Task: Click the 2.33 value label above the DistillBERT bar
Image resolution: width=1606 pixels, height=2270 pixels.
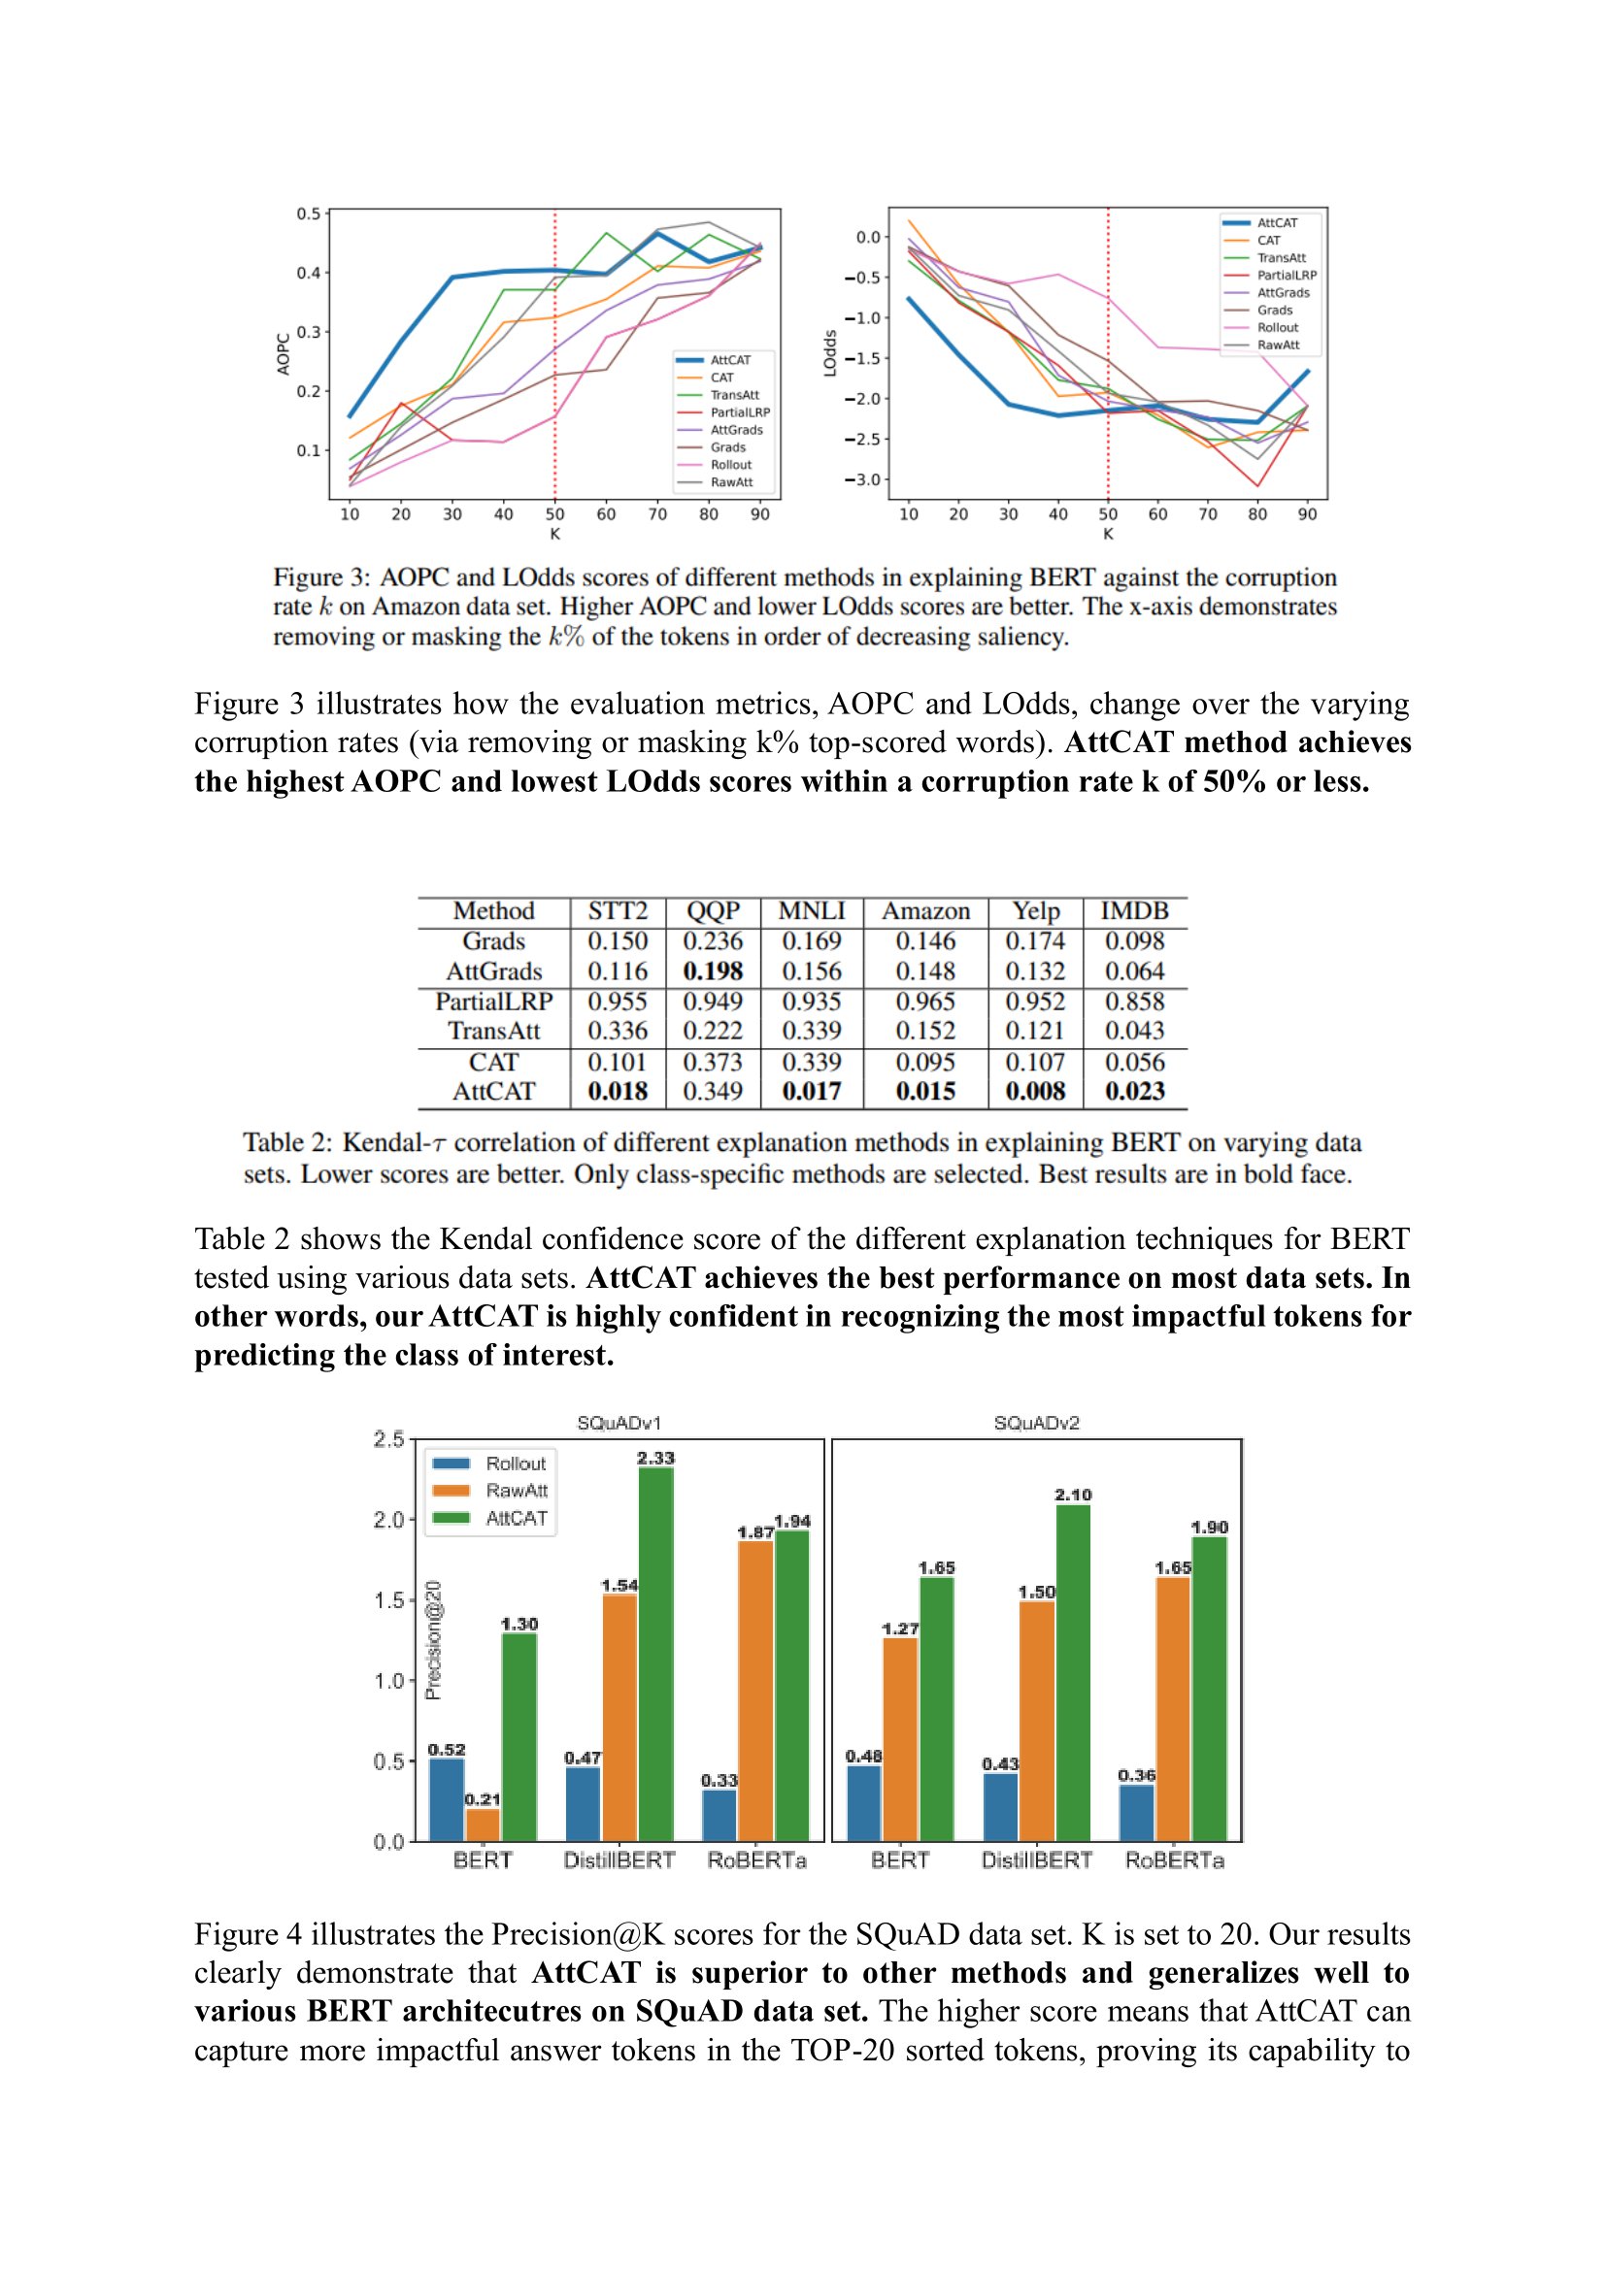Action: pyautogui.click(x=654, y=1459)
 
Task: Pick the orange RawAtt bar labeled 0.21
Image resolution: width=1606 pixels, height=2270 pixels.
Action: pyautogui.click(x=483, y=1825)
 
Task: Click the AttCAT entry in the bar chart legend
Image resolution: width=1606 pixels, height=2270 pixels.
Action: pyautogui.click(x=516, y=1519)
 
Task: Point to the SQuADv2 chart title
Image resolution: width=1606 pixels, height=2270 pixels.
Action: pyautogui.click(x=1035, y=1423)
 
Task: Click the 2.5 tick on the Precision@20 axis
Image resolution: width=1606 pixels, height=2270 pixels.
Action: pyautogui.click(x=388, y=1439)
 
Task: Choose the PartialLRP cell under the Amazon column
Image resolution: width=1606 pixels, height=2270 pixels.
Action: pyautogui.click(x=924, y=1002)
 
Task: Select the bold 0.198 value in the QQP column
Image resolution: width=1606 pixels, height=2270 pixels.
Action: pyautogui.click(x=712, y=971)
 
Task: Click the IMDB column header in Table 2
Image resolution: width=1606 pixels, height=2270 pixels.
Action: pyautogui.click(x=1134, y=910)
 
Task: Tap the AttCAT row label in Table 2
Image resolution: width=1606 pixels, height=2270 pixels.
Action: pyautogui.click(x=493, y=1092)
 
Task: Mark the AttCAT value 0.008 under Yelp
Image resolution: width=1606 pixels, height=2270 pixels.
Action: pyautogui.click(x=1034, y=1092)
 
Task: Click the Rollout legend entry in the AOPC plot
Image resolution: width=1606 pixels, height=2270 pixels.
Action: pyautogui.click(x=731, y=465)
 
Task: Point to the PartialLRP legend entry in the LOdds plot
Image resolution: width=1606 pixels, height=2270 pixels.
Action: pyautogui.click(x=1286, y=275)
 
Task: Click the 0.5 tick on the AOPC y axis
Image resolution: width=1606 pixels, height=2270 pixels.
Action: pyautogui.click(x=309, y=214)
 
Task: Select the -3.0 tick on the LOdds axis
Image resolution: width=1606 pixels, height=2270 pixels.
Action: pyautogui.click(x=860, y=479)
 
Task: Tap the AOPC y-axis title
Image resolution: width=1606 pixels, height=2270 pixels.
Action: pyautogui.click(x=283, y=353)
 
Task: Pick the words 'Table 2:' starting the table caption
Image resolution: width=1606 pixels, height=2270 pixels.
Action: pyautogui.click(x=287, y=1143)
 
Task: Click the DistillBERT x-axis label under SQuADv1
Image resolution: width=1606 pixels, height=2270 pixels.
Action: pyautogui.click(x=619, y=1860)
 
